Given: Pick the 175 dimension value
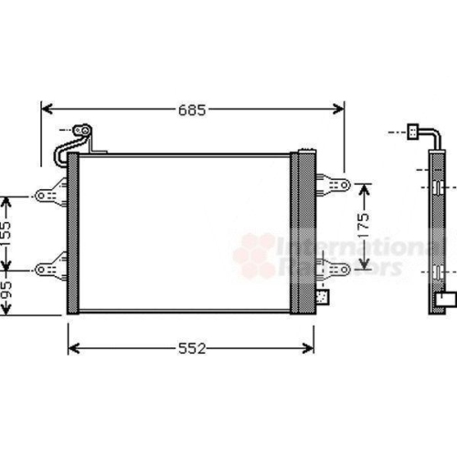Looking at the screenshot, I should [363, 227].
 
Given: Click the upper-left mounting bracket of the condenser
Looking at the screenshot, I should [51, 193].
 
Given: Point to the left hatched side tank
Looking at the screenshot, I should [73, 233].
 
